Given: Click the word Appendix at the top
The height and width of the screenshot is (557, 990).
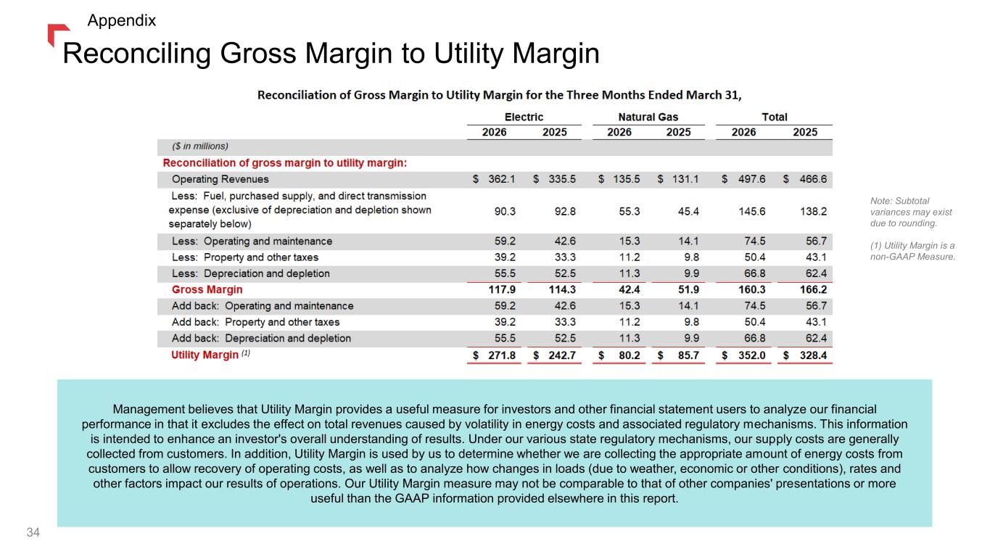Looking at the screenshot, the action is pos(122,20).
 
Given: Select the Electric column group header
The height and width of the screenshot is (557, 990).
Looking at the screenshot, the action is pos(524,117).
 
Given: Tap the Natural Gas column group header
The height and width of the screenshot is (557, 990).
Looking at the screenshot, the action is pos(648,117).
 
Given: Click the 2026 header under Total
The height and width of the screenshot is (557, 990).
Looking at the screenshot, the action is pos(743,132).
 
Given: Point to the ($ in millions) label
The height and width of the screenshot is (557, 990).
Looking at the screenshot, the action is pos(200,147).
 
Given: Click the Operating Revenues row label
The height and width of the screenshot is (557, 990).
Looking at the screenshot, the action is pos(220,179).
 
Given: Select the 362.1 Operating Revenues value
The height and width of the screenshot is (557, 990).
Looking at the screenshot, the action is pos(502,179).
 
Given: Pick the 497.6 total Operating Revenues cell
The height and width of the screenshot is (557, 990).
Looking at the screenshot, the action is pos(751,179).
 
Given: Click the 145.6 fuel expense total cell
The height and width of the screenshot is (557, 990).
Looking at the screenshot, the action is pos(751,211).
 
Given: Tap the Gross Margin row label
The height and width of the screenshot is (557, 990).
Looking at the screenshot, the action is pos(207,289).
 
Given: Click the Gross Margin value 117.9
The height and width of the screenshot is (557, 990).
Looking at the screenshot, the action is pos(502,289).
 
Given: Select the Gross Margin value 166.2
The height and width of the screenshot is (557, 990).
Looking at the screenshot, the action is pos(813,289).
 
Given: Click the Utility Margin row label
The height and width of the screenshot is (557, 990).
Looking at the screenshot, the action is pos(205,355).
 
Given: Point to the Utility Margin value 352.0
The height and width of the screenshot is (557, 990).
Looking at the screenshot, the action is pos(751,355).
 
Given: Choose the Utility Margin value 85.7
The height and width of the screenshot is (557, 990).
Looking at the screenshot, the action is pos(688,355).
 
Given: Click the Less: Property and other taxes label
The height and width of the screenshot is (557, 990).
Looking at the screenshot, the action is pos(245,257).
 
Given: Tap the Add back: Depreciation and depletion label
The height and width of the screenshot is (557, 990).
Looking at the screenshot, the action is pos(261,338).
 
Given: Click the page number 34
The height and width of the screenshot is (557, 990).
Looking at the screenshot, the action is pos(33,532).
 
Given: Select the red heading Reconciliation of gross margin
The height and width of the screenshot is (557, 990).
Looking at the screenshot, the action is pos(284,163).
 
